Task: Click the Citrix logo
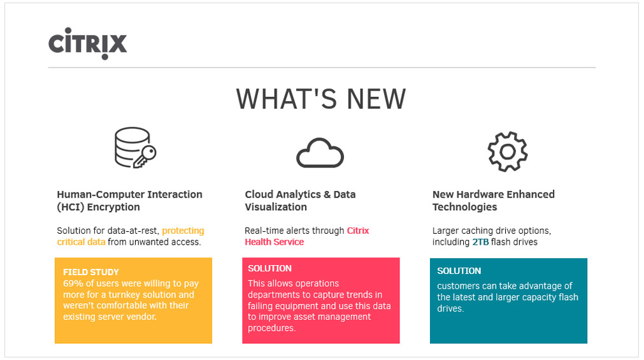(87, 43)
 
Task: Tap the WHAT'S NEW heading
(321, 99)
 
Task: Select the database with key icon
(135, 148)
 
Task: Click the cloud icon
(320, 153)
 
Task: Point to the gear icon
(508, 152)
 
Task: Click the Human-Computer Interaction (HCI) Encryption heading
(129, 201)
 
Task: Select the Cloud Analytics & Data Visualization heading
(300, 201)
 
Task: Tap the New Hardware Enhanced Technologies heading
(493, 201)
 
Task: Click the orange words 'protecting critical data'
(130, 236)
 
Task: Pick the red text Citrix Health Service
(307, 236)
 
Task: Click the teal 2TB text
(480, 242)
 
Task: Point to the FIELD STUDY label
(90, 272)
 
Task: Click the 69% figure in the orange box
(71, 284)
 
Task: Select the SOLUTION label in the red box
(269, 268)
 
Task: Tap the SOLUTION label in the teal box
(459, 271)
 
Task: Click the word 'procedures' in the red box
(271, 328)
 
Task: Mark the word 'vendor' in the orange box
(142, 317)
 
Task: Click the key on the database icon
(145, 157)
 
